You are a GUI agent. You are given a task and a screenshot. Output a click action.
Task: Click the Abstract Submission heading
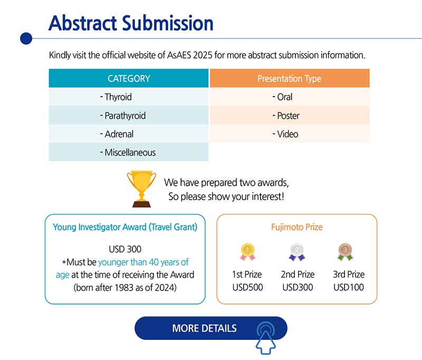[131, 23]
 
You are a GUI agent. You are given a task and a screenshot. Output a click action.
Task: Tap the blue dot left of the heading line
[26, 39]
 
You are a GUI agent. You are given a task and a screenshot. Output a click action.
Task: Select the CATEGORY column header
[129, 78]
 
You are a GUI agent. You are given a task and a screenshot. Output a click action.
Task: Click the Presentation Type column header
[290, 78]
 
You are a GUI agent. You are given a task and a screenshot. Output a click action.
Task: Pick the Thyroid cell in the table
[129, 97]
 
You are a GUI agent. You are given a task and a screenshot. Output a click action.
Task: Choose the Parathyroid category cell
[129, 116]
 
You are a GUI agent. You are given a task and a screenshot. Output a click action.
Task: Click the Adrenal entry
[129, 134]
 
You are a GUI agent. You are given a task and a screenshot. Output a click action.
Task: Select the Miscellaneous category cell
[129, 153]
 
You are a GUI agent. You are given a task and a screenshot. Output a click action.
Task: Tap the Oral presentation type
[290, 97]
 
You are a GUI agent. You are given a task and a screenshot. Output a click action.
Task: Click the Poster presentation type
[290, 116]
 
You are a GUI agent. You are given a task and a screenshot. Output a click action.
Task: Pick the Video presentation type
[290, 134]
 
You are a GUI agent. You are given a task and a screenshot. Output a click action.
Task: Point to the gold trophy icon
[141, 189]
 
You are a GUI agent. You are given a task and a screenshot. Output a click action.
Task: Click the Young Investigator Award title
[125, 227]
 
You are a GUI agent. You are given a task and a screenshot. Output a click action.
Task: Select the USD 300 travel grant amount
[125, 249]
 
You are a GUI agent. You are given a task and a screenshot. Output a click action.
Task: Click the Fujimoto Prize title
[297, 227]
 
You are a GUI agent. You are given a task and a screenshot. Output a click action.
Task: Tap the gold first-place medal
[247, 252]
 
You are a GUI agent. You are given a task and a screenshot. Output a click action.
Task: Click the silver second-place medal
[297, 252]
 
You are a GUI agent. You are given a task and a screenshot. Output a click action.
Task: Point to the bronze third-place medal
[345, 252]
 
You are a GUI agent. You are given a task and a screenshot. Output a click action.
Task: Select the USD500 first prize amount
[247, 287]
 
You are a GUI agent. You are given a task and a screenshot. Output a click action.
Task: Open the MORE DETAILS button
[211, 328]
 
